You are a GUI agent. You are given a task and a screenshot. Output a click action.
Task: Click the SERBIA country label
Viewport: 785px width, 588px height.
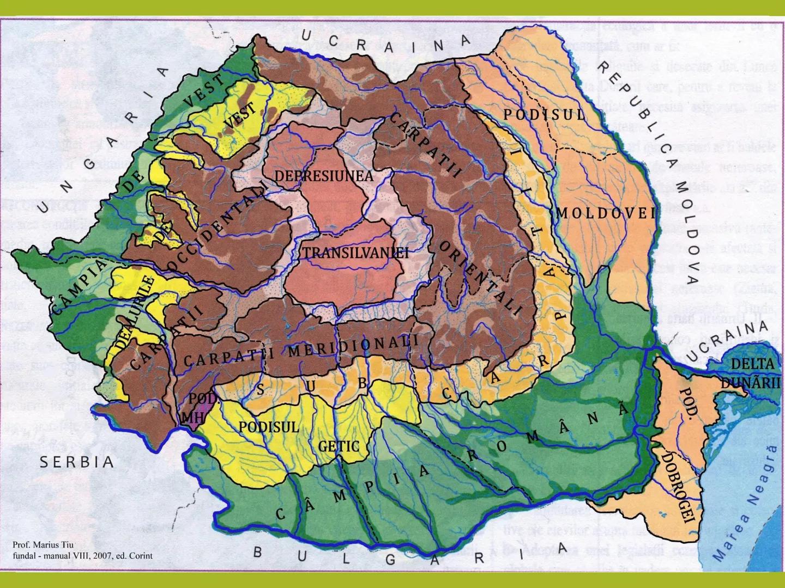pos(77,462)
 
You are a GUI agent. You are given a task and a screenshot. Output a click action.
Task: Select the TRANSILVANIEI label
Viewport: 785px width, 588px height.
pos(355,253)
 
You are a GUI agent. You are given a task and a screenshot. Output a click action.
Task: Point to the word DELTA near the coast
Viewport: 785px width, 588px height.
pos(752,364)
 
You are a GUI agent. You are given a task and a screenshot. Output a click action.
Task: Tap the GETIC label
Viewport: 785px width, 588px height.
pos(339,446)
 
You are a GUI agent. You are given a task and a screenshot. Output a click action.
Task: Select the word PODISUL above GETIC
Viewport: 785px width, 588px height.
pos(269,427)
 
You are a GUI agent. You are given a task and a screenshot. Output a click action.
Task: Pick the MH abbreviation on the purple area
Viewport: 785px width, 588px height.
pos(189,416)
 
